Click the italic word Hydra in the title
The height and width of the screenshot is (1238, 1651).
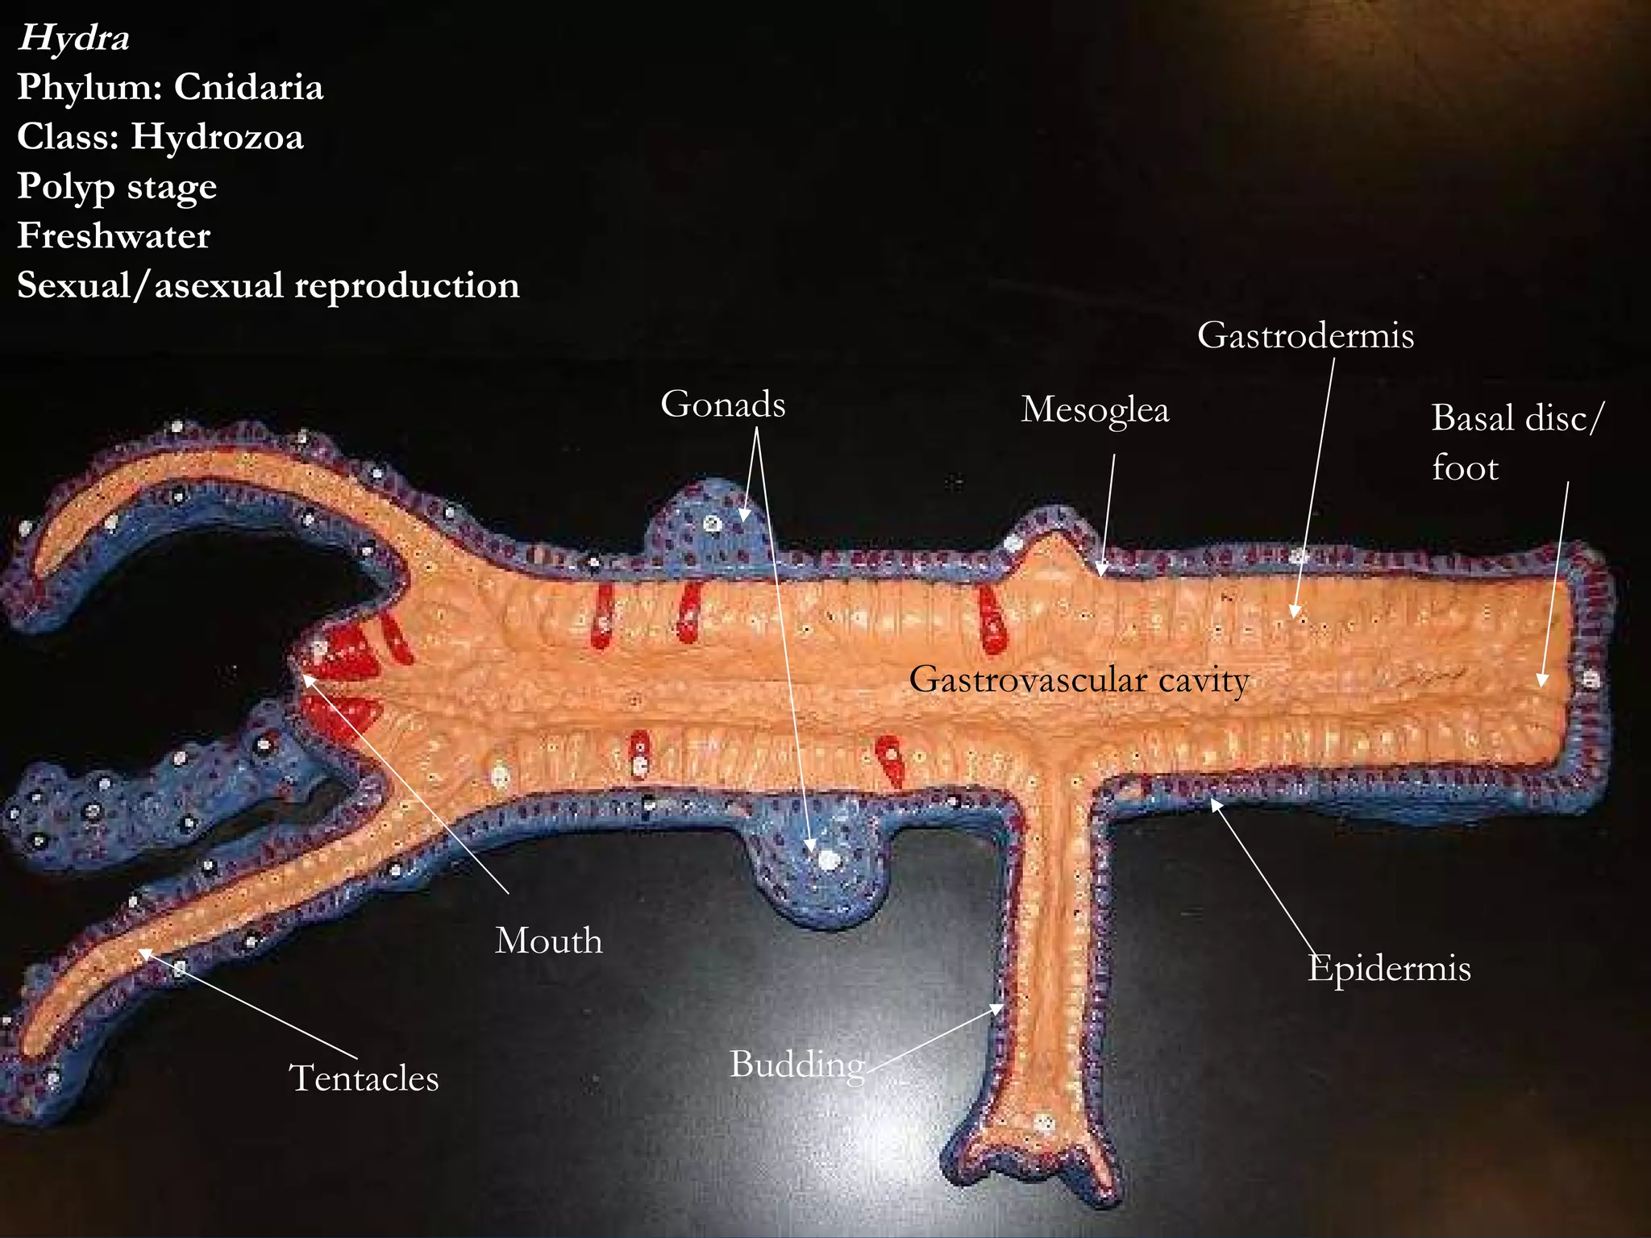[x=73, y=38]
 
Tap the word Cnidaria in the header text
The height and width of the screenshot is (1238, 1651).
[x=248, y=87]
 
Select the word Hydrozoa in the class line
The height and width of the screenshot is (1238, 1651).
[x=218, y=136]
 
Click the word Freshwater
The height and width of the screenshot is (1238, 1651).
[x=114, y=235]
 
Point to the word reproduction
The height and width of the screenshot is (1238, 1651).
[x=407, y=286]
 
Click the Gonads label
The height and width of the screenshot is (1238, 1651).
[x=723, y=405]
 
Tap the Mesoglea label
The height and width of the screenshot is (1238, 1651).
[x=1095, y=410]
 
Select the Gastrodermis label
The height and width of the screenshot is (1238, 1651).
[x=1306, y=335]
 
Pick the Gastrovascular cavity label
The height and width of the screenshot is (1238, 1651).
[x=1079, y=679]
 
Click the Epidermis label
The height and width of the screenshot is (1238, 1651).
[x=1390, y=969]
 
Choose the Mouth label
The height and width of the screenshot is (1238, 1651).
[x=549, y=941]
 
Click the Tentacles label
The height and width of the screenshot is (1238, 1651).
[x=364, y=1078]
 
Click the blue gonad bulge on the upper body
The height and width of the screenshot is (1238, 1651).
[x=709, y=520]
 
